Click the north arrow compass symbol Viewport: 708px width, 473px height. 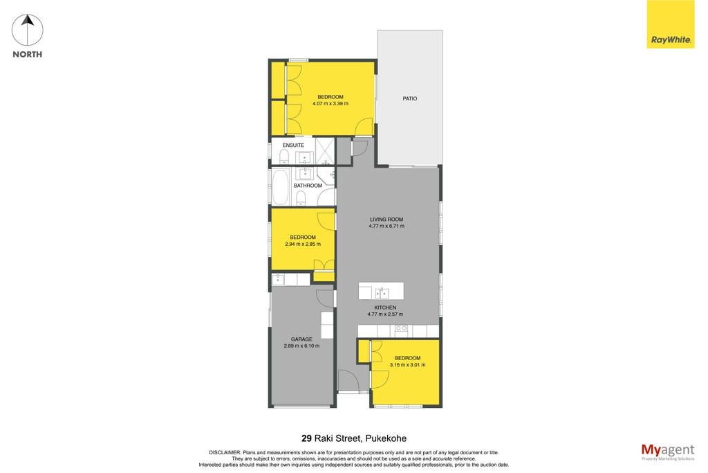pos(28,30)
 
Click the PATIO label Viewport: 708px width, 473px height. pos(410,98)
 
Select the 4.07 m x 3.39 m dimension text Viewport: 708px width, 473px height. pos(330,104)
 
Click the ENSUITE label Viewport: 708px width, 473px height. pos(293,145)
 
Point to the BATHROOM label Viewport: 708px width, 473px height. pos(308,186)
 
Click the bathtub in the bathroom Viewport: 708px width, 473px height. pos(280,187)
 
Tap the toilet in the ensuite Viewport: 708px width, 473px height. pos(284,157)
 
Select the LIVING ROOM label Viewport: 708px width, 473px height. pos(386,220)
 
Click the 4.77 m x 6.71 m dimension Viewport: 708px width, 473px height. pos(386,226)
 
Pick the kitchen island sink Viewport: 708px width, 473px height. pos(382,293)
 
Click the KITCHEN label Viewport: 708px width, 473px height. pos(385,307)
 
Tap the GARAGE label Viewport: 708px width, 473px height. pos(301,339)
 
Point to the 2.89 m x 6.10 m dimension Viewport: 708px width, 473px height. pos(301,346)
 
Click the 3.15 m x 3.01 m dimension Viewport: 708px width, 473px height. pos(407,365)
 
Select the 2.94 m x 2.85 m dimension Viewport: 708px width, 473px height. pos(303,244)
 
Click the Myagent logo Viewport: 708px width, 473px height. pos(668,452)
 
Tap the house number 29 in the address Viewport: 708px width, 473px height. pos(306,438)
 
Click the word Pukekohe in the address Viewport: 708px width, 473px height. pos(386,438)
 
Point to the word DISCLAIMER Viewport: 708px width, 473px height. pos(225,452)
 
